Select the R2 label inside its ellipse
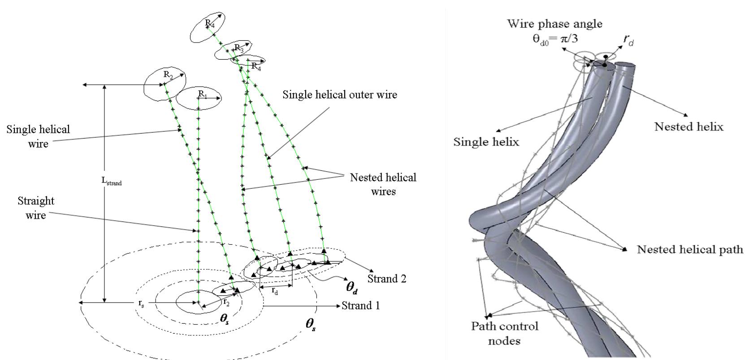[x=168, y=75]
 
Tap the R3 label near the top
[x=238, y=48]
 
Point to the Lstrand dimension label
[x=111, y=182]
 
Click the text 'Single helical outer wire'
[x=339, y=95]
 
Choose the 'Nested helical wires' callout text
[x=383, y=184]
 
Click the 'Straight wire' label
[x=35, y=208]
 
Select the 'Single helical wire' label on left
[x=38, y=136]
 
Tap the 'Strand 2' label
[x=386, y=278]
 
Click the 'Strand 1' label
[x=360, y=306]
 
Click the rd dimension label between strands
[x=275, y=290]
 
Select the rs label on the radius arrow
[x=141, y=304]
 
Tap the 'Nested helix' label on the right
[x=689, y=127]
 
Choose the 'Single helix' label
[x=486, y=142]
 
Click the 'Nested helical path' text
[x=690, y=249]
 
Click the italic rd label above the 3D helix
[x=628, y=40]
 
